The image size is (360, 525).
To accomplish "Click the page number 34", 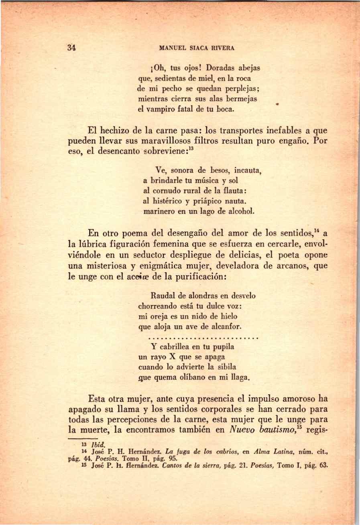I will tap(72, 47).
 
